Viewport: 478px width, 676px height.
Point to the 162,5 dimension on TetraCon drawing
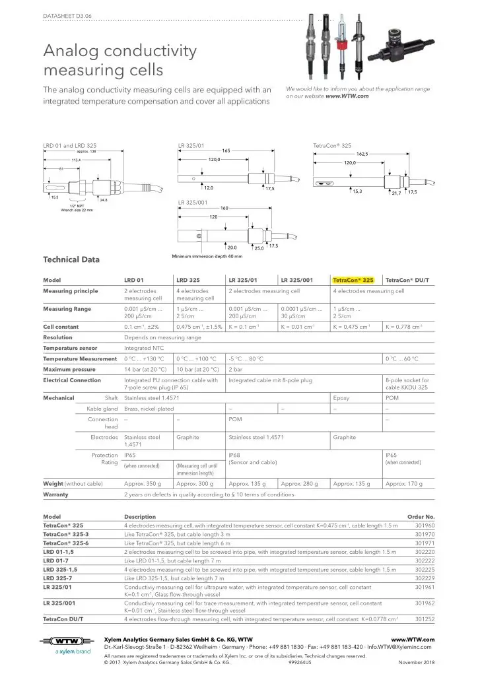(362, 153)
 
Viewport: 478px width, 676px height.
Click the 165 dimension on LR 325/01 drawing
(226, 151)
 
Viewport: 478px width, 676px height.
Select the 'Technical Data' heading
(71, 259)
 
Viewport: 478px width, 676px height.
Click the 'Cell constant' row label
(61, 327)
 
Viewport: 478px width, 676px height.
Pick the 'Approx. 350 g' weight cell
(143, 484)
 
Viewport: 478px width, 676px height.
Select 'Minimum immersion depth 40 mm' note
(207, 256)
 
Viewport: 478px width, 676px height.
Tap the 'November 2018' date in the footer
(417, 661)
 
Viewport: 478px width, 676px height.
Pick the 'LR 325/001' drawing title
(193, 201)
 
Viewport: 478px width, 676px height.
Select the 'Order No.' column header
(420, 516)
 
